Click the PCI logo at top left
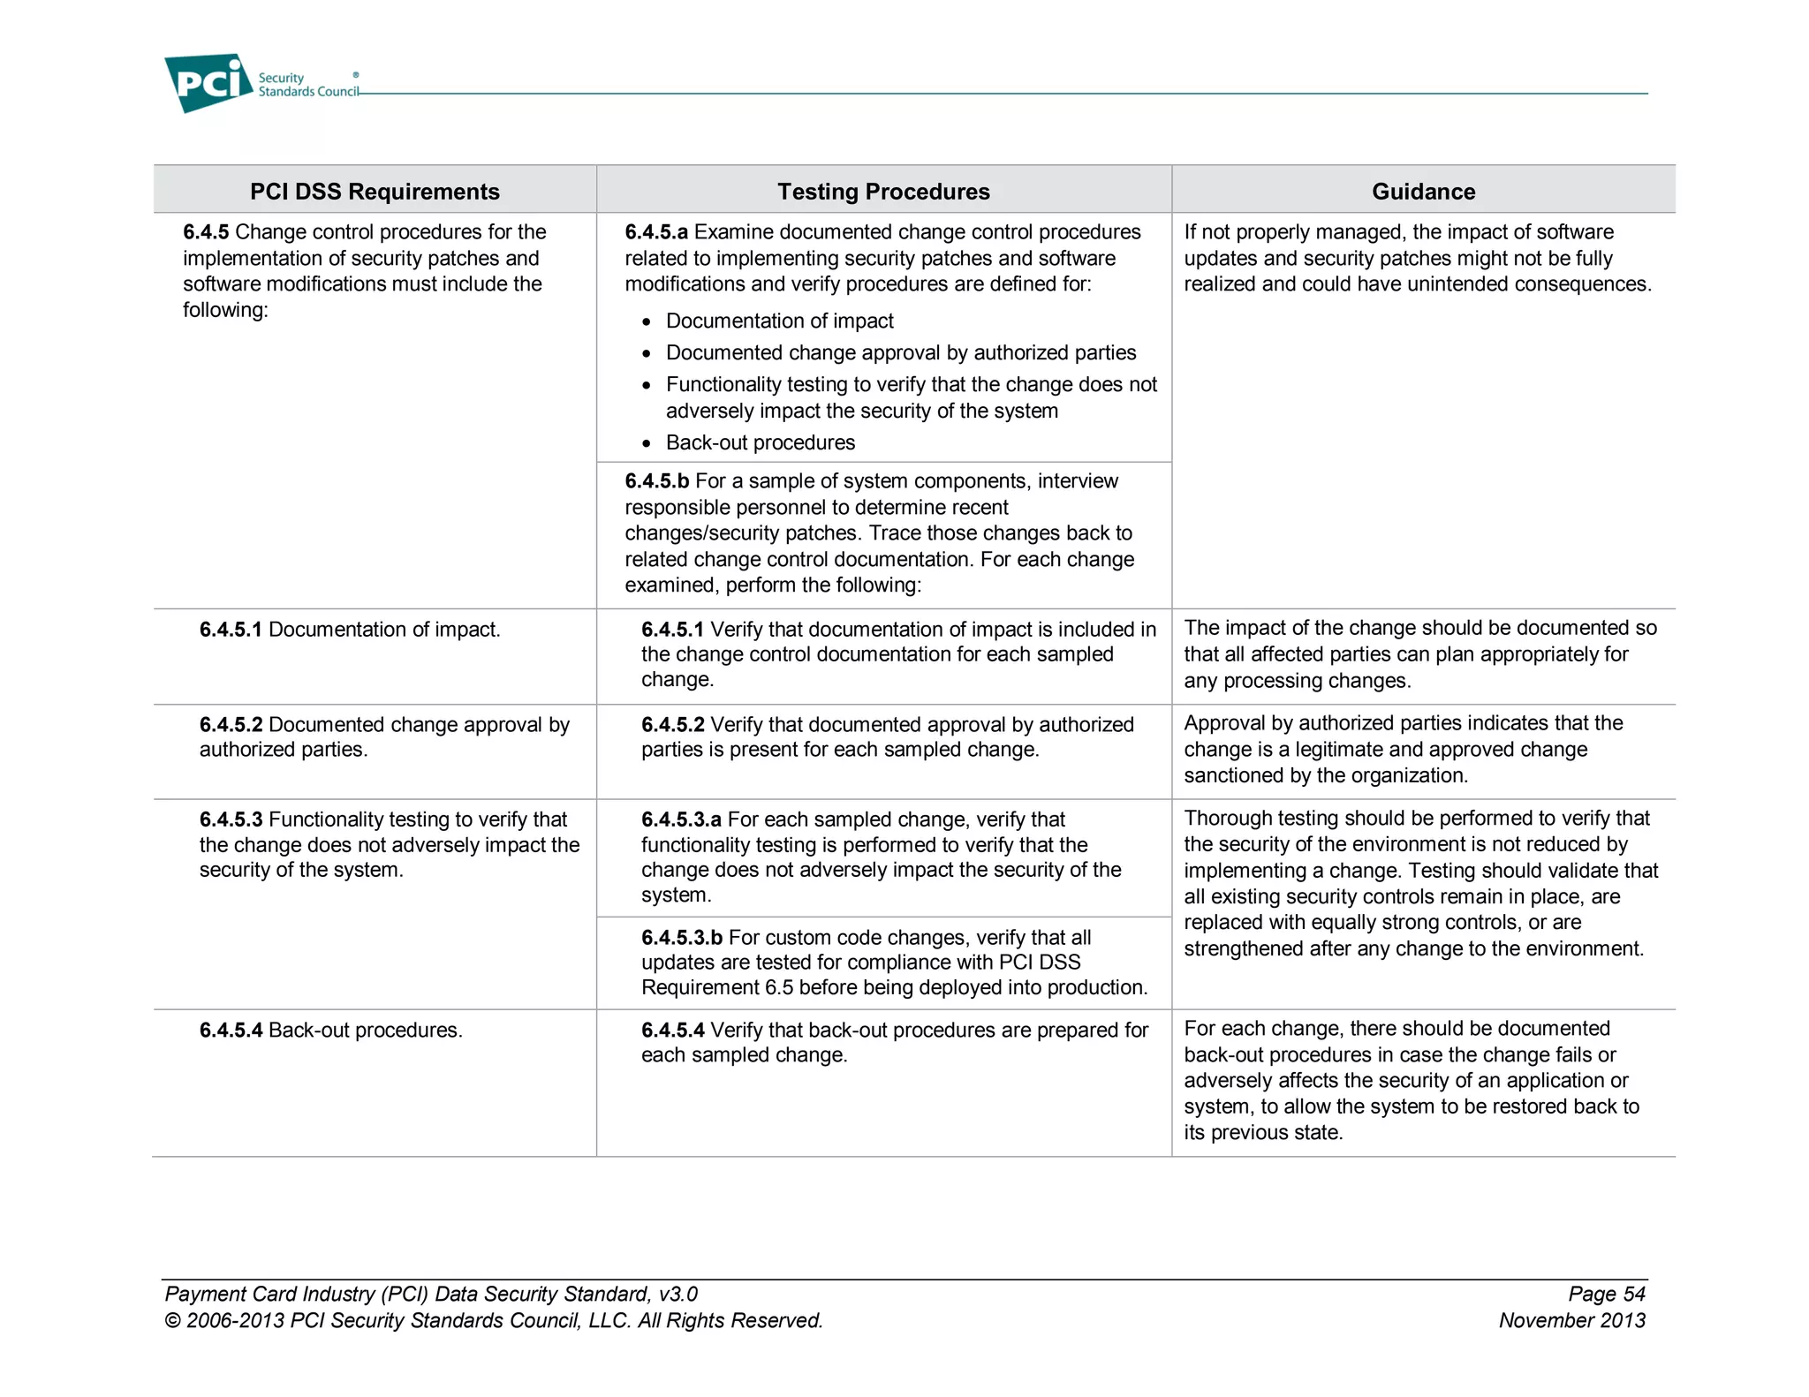[x=208, y=83]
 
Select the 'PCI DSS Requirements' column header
[x=375, y=192]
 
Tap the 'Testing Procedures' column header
[x=883, y=192]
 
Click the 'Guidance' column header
[x=1423, y=192]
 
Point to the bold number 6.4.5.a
[x=656, y=232]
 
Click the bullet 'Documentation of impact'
[x=779, y=321]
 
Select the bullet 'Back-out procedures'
[x=760, y=442]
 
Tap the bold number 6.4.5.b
[x=656, y=481]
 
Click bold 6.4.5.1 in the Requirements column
[x=231, y=630]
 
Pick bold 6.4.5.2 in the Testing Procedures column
[x=672, y=725]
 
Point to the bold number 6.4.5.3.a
[x=681, y=819]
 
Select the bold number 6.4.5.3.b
[x=682, y=938]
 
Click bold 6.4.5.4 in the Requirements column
[x=231, y=1031]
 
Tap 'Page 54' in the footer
[x=1606, y=1295]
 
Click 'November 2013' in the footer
[x=1571, y=1321]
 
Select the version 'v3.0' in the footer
[x=677, y=1295]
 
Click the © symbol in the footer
[x=172, y=1322]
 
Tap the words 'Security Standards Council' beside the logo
[x=307, y=85]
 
